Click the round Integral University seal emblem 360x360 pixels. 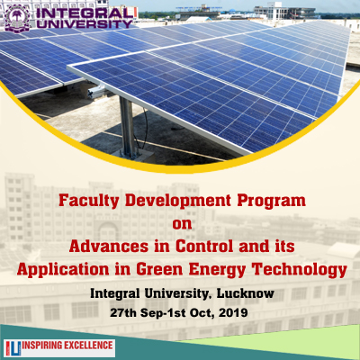[17, 18]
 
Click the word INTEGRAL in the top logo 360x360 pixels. [85, 13]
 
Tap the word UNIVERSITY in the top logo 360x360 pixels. [85, 24]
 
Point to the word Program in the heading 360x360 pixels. [271, 202]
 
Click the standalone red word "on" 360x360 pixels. [182, 224]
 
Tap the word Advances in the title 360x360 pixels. [109, 247]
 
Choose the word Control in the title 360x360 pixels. [204, 247]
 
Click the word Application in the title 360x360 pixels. [63, 270]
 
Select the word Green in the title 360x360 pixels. [159, 269]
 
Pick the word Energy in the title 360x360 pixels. [217, 270]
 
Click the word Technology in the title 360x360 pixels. [300, 270]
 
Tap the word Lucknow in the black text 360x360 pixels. [246, 293]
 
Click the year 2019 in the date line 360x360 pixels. [233, 313]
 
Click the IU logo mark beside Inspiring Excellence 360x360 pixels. [13, 348]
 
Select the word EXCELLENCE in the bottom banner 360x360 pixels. [87, 346]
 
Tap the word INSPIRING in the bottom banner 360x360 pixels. [41, 346]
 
